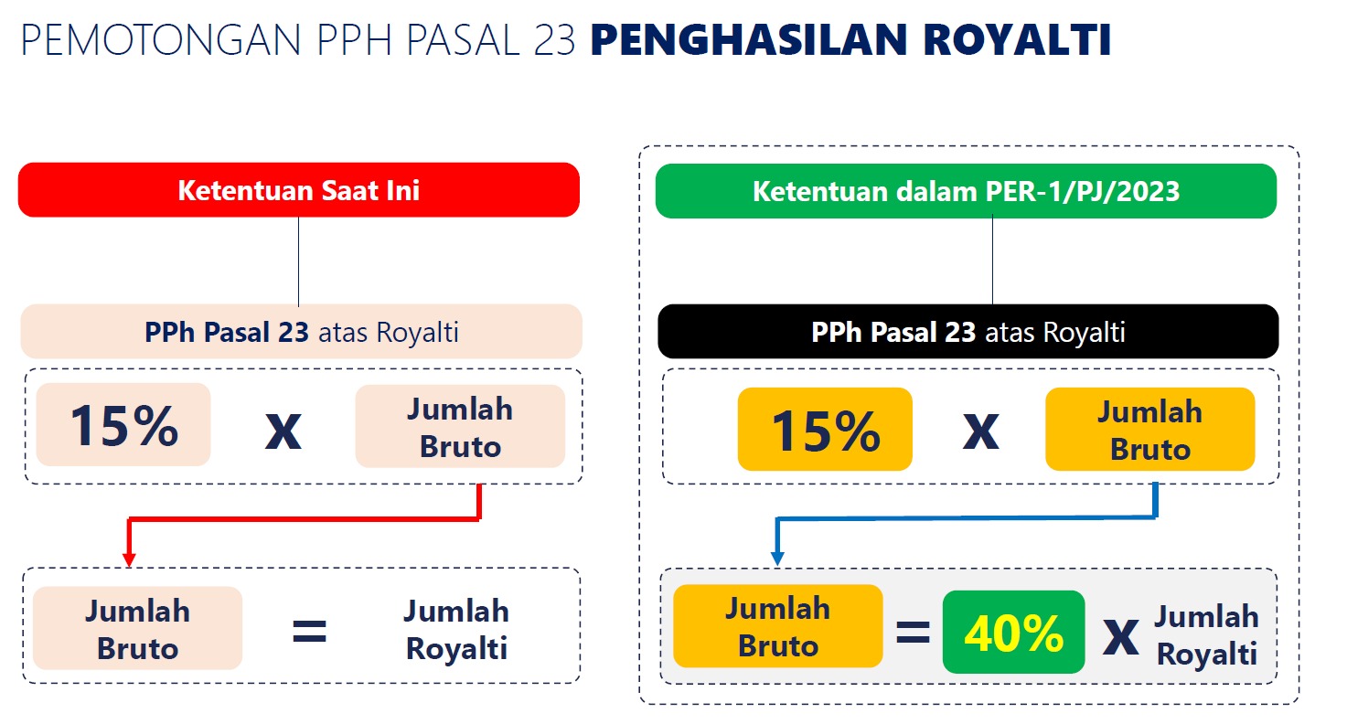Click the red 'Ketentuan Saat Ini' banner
click(299, 190)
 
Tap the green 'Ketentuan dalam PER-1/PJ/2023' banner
click(966, 191)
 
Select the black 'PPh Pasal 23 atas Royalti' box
click(968, 331)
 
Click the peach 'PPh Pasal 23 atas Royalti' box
click(301, 331)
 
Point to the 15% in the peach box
click(123, 425)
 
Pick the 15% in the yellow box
click(825, 430)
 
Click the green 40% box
click(1014, 632)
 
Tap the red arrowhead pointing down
click(129, 559)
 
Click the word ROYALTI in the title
click(1017, 40)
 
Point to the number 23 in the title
click(554, 40)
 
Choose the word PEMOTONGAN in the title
click(161, 40)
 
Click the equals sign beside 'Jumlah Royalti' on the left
click(309, 632)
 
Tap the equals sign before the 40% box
click(913, 633)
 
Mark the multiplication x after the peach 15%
click(283, 431)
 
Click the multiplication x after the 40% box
click(1121, 637)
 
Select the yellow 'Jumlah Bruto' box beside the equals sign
click(778, 626)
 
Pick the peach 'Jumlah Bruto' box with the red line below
click(460, 426)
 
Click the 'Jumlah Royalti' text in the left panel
click(456, 630)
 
